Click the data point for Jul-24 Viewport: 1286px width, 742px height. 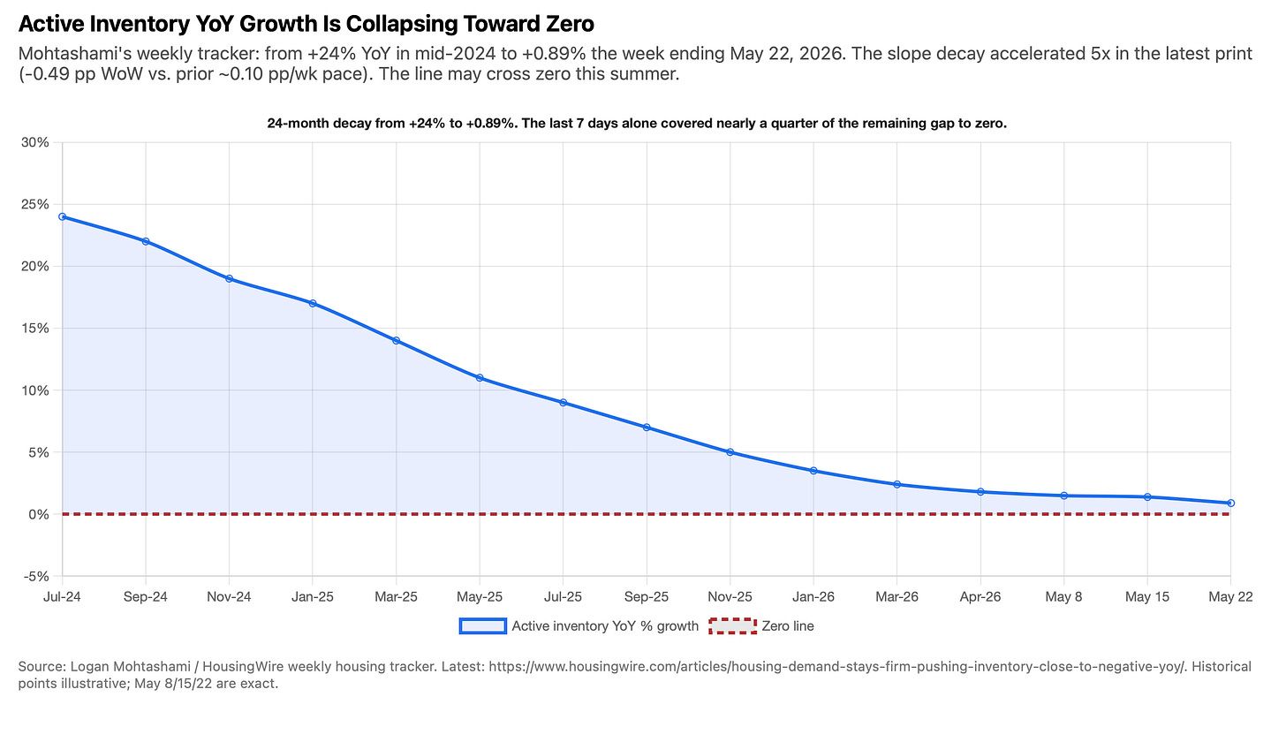[62, 217]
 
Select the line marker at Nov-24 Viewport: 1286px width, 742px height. [229, 278]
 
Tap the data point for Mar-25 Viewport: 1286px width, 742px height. [396, 341]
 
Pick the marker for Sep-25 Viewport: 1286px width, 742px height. [647, 428]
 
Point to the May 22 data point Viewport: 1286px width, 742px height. [1230, 503]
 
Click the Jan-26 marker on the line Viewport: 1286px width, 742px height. [813, 471]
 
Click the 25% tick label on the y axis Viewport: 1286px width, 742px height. [35, 204]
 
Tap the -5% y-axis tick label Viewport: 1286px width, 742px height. [35, 576]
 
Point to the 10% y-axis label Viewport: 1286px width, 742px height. [35, 390]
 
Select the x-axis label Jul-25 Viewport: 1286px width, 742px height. [563, 597]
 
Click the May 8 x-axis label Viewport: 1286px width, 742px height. [1063, 597]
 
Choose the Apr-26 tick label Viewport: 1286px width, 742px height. [980, 597]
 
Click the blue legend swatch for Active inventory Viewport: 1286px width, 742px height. [483, 626]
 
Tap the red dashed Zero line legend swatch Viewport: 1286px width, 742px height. [732, 626]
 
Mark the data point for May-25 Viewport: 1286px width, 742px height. [480, 378]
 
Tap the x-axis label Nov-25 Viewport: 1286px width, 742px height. [730, 597]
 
